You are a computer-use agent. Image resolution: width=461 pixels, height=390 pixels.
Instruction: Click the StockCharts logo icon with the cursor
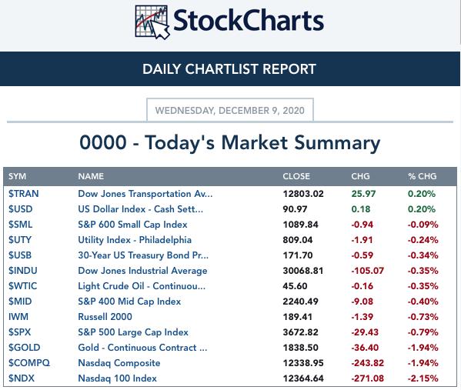point(152,22)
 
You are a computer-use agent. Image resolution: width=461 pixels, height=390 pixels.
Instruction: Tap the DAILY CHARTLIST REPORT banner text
point(229,69)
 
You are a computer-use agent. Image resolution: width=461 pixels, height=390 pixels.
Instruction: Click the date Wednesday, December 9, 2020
point(230,111)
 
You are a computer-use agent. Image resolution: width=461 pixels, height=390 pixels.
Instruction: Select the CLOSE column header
point(296,176)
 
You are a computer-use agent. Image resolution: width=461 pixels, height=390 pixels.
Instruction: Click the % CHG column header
point(423,176)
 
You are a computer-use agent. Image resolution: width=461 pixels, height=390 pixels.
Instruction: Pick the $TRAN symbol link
point(24,194)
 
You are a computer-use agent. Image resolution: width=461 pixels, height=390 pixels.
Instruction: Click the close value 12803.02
point(303,194)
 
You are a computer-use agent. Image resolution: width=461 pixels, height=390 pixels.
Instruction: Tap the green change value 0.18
point(361,209)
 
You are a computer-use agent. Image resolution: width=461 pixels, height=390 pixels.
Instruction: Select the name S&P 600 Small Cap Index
point(132,225)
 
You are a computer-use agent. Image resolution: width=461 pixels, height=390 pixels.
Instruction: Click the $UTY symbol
point(20,240)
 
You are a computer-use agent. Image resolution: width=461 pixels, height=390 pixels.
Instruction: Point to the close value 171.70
point(298,255)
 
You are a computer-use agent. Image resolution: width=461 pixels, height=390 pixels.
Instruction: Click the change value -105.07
point(368,271)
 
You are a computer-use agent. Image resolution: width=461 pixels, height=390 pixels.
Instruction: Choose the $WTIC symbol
point(22,286)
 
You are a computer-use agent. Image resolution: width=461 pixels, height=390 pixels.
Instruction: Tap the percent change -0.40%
point(423,302)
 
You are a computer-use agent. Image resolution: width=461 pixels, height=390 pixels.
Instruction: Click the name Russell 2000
point(105,317)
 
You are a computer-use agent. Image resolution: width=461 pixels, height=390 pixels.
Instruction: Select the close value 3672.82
point(300,332)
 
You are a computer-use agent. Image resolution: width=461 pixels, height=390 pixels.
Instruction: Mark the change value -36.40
point(365,348)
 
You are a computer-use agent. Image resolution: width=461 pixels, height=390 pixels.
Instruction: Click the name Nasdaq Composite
point(119,363)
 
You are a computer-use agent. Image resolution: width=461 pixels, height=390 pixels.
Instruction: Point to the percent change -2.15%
point(423,378)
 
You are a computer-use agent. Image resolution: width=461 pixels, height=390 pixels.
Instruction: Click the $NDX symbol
point(22,378)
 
